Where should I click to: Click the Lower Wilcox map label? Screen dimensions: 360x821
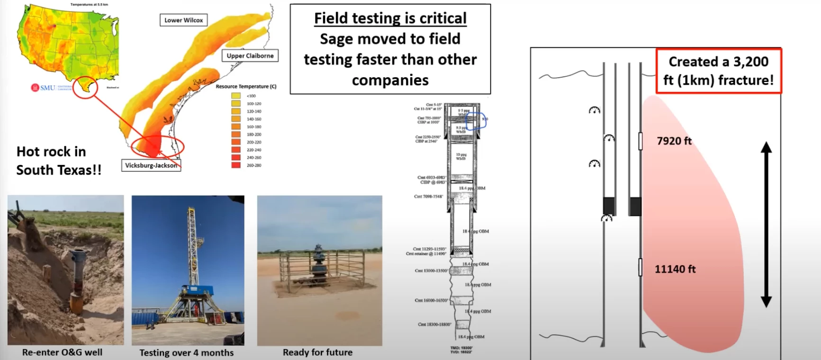pos(183,20)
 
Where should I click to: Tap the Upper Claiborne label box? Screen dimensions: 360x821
pos(250,55)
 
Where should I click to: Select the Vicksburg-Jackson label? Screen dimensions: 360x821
pos(151,165)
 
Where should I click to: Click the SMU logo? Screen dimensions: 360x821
pos(43,88)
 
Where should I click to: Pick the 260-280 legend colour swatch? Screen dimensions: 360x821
pos(236,165)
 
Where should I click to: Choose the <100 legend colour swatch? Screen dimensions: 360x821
pos(236,96)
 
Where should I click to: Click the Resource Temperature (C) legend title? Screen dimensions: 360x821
pos(246,86)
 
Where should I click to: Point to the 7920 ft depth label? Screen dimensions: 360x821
pos(674,141)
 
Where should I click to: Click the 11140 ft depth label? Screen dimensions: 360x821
pos(675,269)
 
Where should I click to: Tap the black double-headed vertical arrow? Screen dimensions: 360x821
pos(766,225)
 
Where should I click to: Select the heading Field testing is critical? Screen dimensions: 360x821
pos(390,18)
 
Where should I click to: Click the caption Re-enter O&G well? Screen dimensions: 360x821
pos(62,352)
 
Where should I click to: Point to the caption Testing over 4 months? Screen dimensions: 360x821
pos(187,352)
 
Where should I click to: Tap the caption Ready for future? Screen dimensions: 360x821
pos(317,352)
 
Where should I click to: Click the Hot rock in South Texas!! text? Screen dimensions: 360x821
pos(59,161)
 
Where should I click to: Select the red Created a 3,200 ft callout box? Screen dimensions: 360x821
pos(719,71)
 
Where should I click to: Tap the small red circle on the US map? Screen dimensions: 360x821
pos(86,87)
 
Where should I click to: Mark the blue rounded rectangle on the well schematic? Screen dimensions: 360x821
pos(476,121)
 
